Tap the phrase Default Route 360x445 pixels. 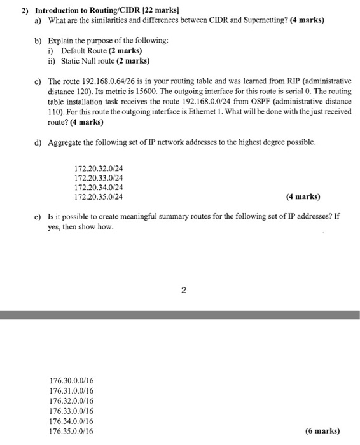tap(85, 51)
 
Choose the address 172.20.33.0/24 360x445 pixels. tap(99, 179)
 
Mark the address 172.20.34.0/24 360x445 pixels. tap(99, 188)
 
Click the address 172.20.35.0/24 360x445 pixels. tap(99, 197)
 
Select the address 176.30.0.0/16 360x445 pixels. tap(71, 381)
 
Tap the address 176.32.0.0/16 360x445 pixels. tap(71, 401)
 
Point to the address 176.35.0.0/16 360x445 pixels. tap(71, 431)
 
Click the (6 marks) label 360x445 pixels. tap(322, 430)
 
